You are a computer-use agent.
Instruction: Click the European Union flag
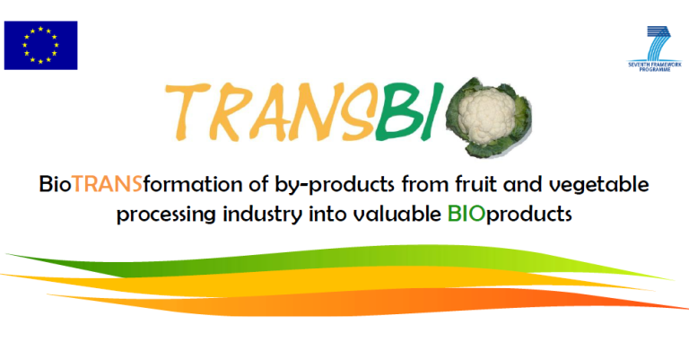point(40,45)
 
